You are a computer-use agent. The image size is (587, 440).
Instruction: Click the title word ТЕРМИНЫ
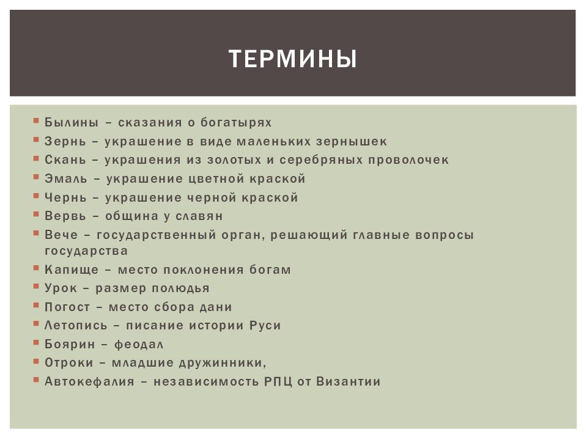click(293, 60)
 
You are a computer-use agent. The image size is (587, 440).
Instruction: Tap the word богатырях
click(236, 123)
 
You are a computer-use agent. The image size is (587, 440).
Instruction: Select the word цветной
click(217, 179)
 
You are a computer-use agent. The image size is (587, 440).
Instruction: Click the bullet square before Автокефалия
click(38, 380)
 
